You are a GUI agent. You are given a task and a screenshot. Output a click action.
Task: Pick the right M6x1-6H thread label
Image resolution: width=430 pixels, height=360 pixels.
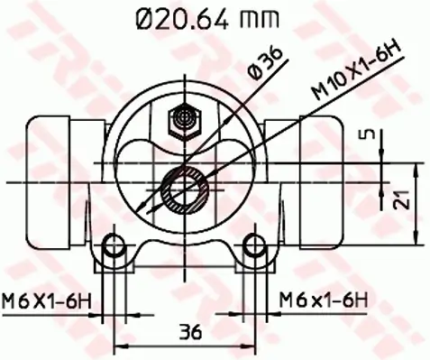coord(323,300)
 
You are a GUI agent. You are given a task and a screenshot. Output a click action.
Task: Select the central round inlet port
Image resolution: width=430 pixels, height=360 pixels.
coord(186,187)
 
